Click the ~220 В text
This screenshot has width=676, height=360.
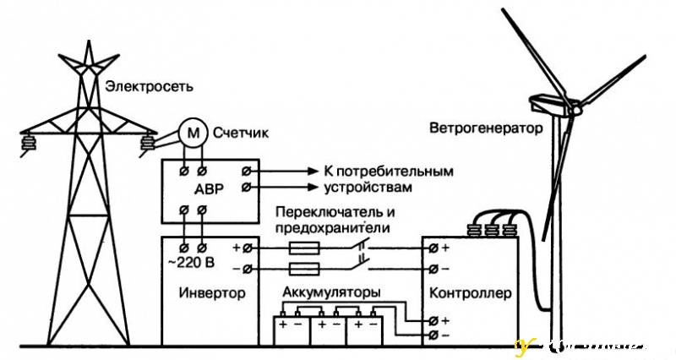pos(192,262)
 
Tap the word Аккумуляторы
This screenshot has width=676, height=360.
pos(331,292)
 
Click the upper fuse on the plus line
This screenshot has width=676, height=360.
pos(303,248)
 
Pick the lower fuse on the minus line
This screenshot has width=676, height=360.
pos(303,268)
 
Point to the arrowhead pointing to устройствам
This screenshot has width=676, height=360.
pos(313,186)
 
